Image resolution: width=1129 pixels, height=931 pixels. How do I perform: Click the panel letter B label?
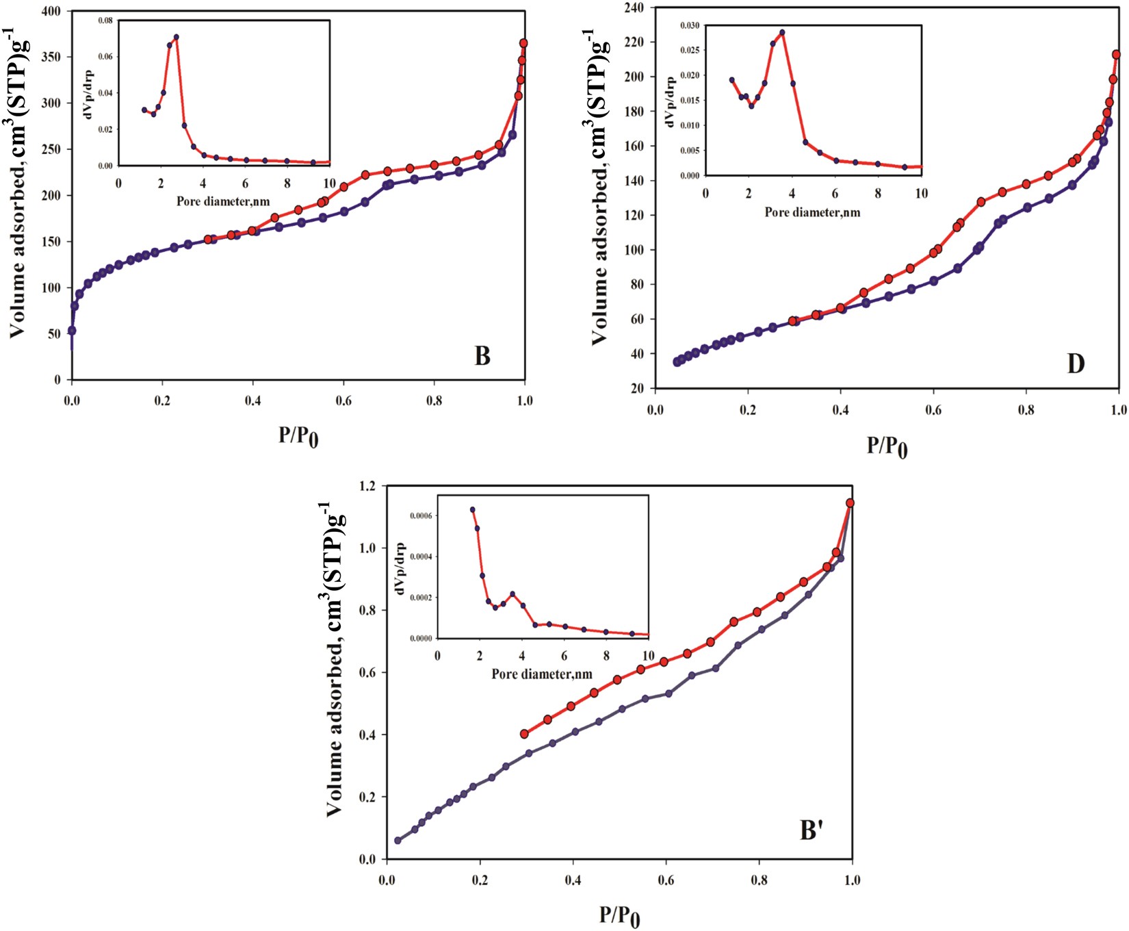[x=482, y=356]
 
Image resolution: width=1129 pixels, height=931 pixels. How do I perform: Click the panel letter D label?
[x=1076, y=364]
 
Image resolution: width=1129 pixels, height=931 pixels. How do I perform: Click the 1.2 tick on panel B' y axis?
[x=367, y=486]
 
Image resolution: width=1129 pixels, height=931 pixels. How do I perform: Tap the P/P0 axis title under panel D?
[x=887, y=446]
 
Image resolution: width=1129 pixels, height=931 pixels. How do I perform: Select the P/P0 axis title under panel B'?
[x=620, y=916]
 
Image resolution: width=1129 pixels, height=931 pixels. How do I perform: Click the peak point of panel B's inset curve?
[x=176, y=37]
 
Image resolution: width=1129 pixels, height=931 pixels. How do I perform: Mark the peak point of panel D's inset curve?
[x=782, y=32]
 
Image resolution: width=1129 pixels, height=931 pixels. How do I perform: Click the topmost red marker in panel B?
[x=524, y=43]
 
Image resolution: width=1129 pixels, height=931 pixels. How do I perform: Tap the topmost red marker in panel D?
[x=1117, y=54]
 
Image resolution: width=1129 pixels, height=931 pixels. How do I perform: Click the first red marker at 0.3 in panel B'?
[x=525, y=734]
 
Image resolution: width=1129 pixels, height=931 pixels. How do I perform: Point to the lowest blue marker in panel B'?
[x=398, y=840]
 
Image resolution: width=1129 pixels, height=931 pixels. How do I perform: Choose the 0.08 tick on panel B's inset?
[x=104, y=21]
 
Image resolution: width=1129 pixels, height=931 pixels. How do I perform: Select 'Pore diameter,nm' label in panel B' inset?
[x=542, y=674]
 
